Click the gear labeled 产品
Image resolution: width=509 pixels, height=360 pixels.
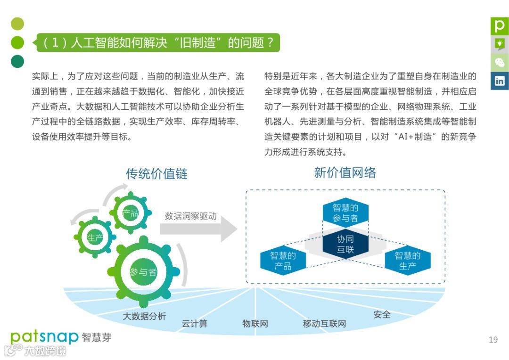point(131,213)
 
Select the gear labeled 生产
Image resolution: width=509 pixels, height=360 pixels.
point(95,237)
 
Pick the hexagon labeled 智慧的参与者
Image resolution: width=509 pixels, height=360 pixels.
point(345,213)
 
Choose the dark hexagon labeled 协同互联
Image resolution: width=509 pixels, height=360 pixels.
point(345,244)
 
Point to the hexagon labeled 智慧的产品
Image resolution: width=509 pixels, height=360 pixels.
point(283,261)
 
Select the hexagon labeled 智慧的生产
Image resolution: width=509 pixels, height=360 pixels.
point(407,261)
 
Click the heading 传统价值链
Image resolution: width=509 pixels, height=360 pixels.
point(156,174)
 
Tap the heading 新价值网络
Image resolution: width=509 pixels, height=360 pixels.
point(345,173)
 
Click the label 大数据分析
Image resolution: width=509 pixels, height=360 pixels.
point(144,316)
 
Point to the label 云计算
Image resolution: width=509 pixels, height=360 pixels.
point(194,324)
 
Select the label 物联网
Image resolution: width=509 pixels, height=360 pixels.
point(255,324)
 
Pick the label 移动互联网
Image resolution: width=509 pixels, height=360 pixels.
point(324,324)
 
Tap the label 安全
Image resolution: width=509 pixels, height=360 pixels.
point(382,314)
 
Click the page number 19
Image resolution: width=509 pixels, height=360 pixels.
point(493,340)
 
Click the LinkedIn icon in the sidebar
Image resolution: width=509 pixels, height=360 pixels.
point(499,81)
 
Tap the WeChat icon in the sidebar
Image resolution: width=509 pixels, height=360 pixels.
point(499,62)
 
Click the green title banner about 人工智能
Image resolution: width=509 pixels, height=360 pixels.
point(158,43)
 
